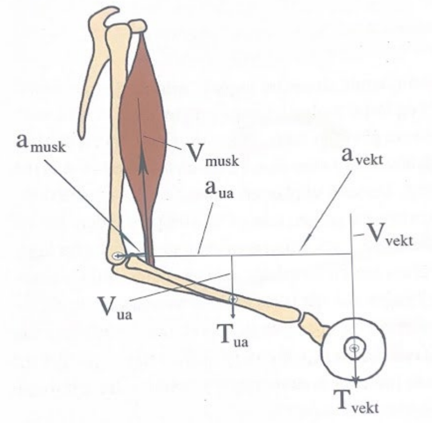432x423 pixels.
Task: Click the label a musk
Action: coord(41,143)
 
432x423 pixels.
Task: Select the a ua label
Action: coord(219,190)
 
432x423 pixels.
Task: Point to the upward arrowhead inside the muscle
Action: coord(143,163)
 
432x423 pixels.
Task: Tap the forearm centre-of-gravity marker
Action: coord(233,299)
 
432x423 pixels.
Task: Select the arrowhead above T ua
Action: coord(233,314)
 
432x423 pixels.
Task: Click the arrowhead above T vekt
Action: coord(356,382)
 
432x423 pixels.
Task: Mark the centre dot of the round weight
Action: coord(353,348)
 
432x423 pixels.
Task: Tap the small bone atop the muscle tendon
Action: coord(138,26)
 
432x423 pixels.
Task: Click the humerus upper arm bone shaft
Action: coord(117,138)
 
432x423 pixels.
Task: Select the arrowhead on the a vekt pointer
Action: coord(310,237)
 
